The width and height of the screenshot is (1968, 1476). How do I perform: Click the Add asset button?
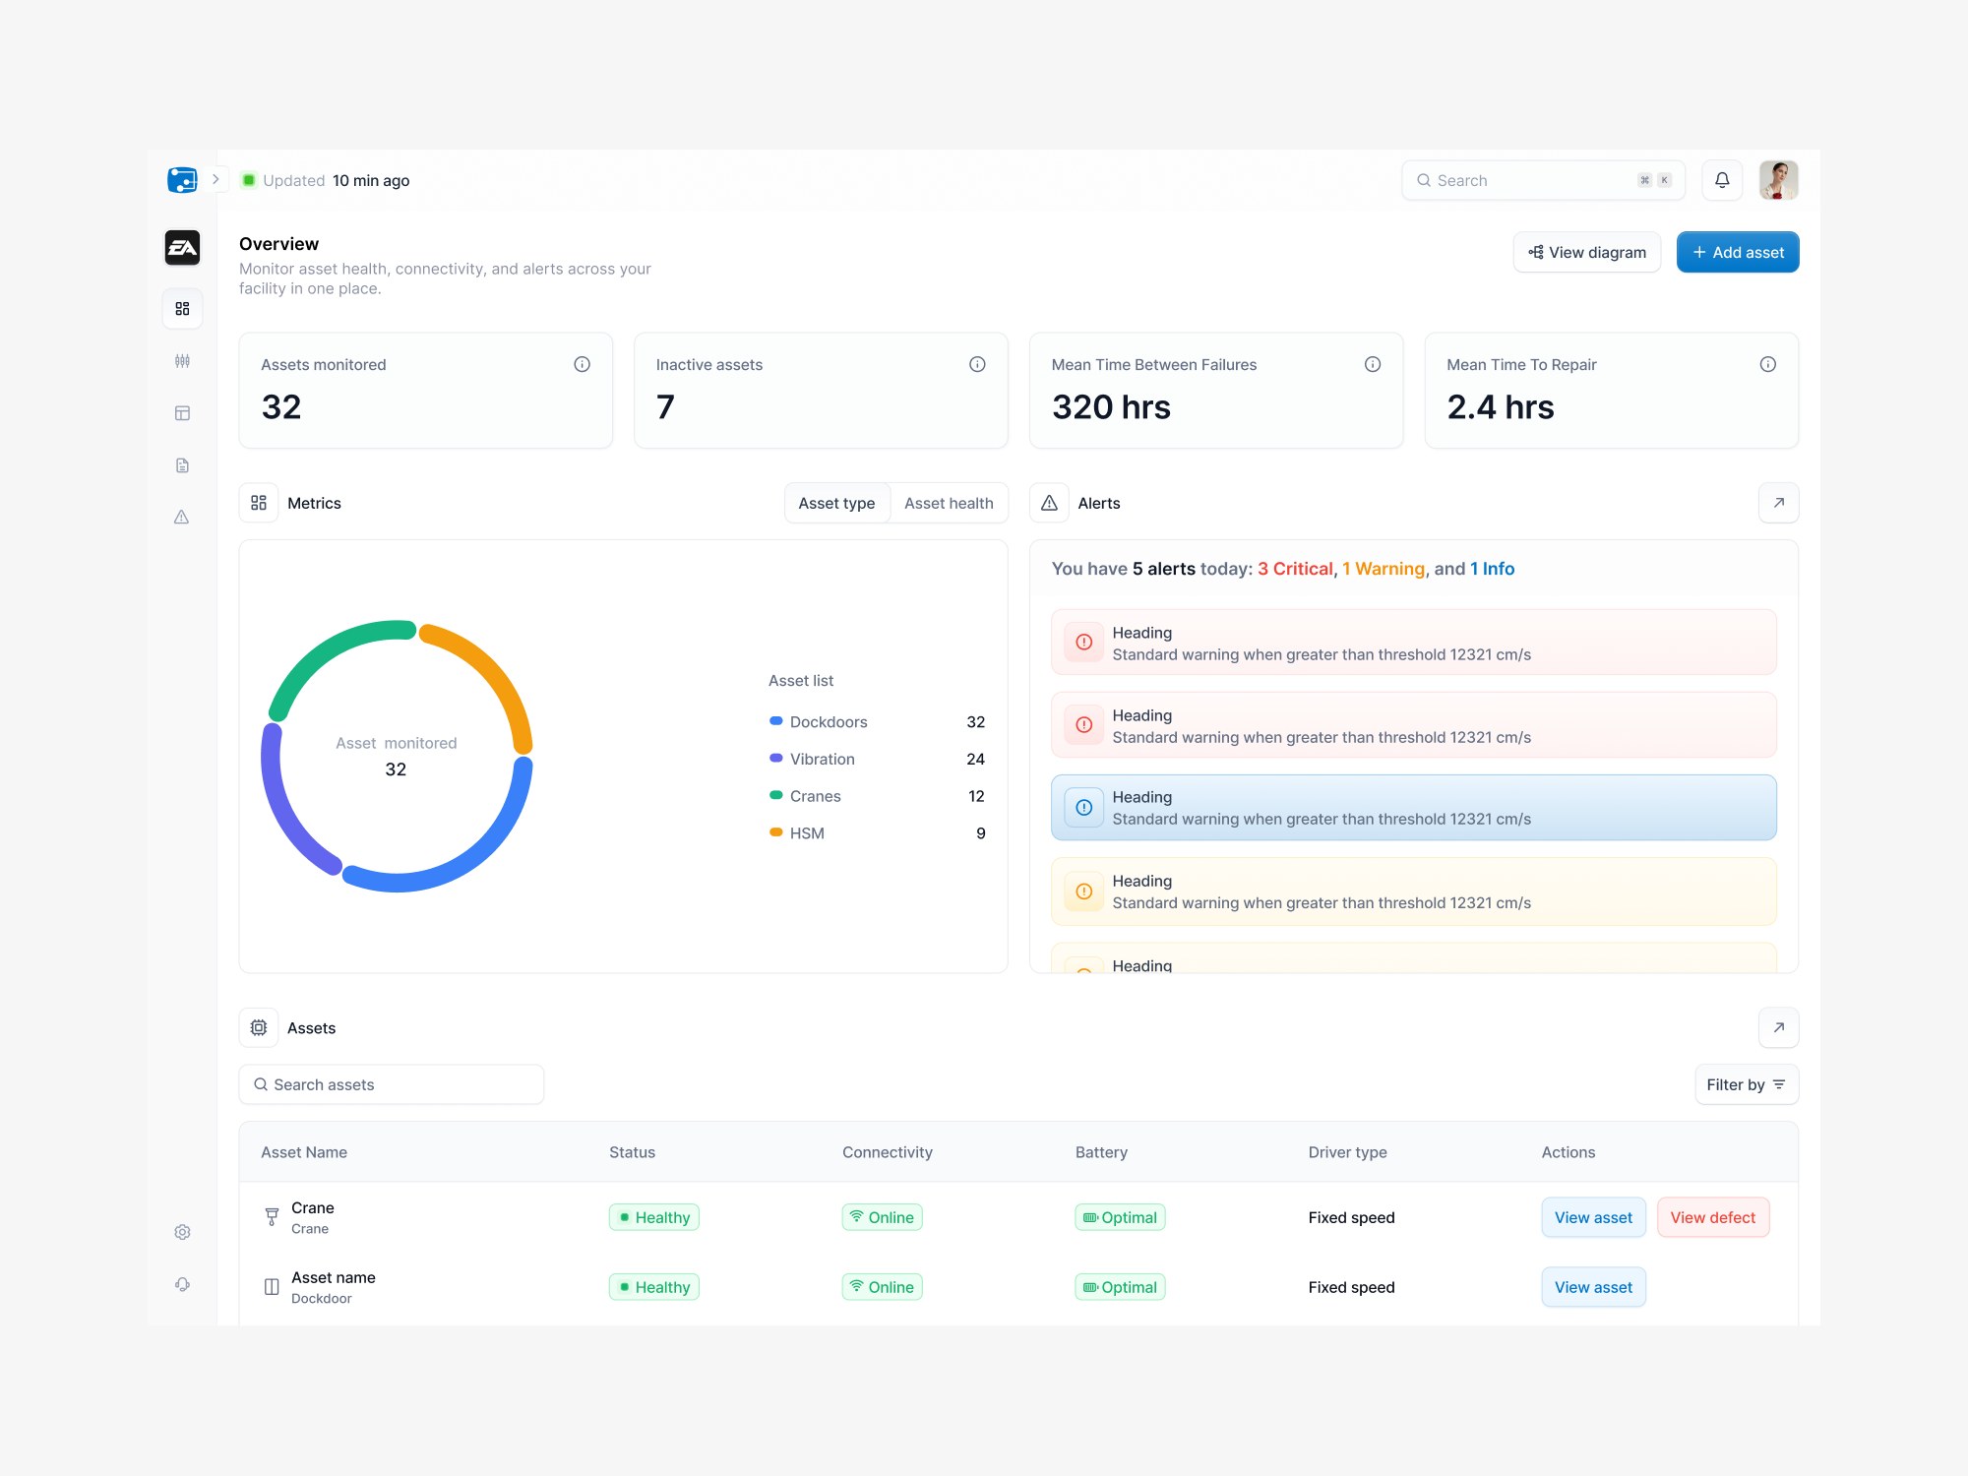[x=1738, y=252]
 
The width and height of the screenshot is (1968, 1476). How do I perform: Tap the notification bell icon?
[x=1722, y=180]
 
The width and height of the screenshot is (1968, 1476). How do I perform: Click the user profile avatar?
[x=1779, y=180]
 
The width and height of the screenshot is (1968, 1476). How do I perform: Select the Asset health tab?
[x=949, y=503]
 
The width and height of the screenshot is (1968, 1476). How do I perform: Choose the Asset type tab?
[x=836, y=503]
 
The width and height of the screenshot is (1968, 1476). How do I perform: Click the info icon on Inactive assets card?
[x=977, y=364]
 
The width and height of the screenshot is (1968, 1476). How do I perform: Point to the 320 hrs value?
[x=1111, y=407]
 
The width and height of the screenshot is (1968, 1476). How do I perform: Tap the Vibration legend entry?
[x=822, y=759]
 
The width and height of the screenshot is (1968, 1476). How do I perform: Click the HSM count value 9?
[x=980, y=833]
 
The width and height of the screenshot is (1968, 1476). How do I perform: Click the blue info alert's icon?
[x=1083, y=808]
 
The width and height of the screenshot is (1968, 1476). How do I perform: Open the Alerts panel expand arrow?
[x=1778, y=503]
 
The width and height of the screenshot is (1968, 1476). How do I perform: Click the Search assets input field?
[x=392, y=1084]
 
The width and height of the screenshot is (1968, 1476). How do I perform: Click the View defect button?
[x=1712, y=1217]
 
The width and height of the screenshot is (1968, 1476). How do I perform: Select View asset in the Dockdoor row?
[x=1593, y=1287]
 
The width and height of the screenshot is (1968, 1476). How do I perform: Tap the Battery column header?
[x=1101, y=1152]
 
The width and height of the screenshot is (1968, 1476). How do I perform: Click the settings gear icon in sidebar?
[x=182, y=1232]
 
